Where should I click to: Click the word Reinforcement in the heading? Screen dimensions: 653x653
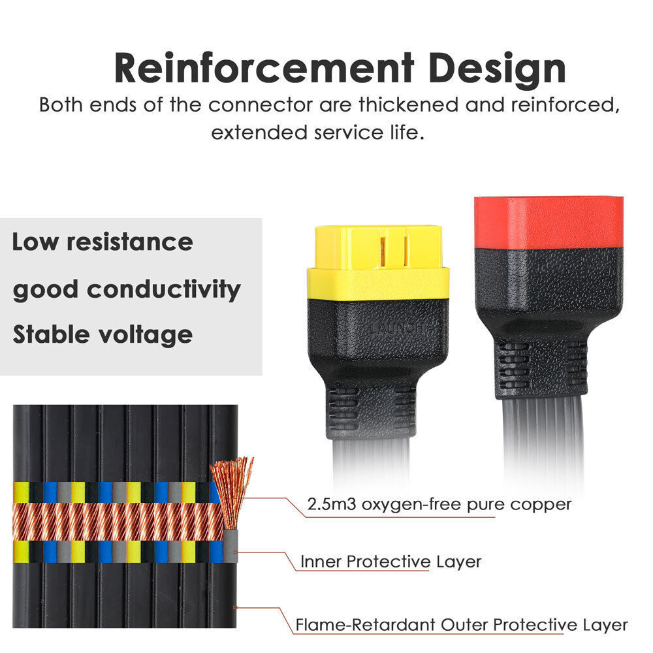(264, 68)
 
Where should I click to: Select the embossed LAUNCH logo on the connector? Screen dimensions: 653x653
(396, 328)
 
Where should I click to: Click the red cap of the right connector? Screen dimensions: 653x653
(549, 223)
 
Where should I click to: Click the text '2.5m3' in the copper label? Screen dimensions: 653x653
(332, 504)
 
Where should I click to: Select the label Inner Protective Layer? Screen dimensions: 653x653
(390, 562)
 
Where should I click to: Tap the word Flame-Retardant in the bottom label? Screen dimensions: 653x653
(365, 625)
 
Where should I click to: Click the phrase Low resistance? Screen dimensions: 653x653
(103, 242)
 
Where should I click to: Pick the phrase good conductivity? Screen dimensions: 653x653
(127, 290)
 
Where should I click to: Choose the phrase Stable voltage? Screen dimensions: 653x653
(103, 335)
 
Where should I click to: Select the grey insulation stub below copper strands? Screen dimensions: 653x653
(231, 545)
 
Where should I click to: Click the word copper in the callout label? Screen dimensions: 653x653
(541, 505)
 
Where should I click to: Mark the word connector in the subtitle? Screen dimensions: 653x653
(261, 105)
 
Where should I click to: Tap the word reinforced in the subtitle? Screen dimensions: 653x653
(565, 105)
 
